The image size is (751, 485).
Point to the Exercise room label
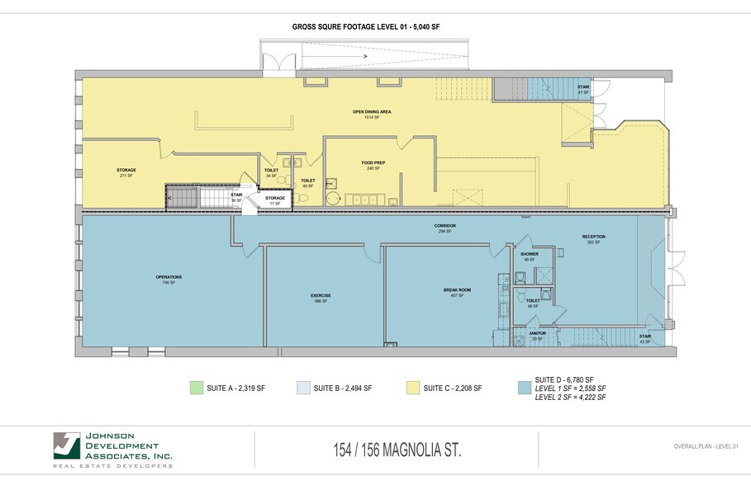pyautogui.click(x=321, y=298)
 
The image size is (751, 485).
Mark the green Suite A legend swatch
pyautogui.click(x=196, y=388)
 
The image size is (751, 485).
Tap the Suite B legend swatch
pyautogui.click(x=302, y=388)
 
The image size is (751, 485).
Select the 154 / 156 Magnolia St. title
pyautogui.click(x=396, y=450)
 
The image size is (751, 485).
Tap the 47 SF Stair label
pyautogui.click(x=583, y=89)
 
